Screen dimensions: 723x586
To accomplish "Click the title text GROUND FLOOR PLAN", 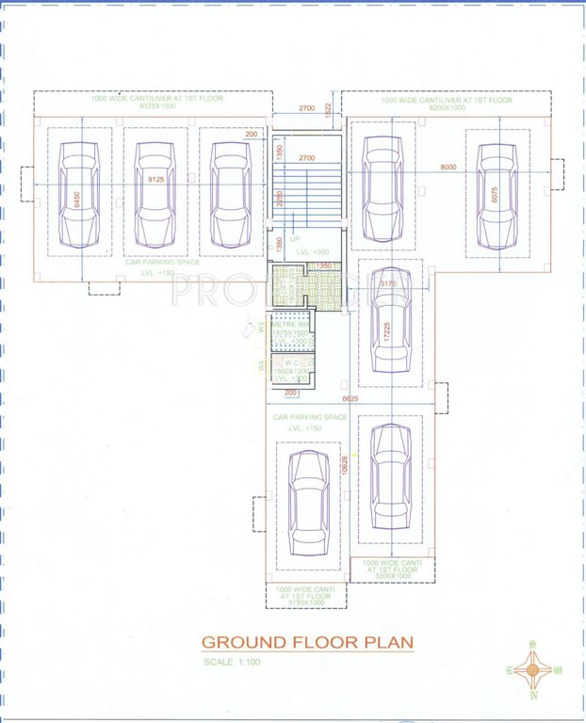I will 307,643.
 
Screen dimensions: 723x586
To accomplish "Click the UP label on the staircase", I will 294,239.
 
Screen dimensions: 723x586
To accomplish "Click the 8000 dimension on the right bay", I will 448,168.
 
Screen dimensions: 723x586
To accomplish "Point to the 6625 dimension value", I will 350,399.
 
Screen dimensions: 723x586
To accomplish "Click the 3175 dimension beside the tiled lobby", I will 386,283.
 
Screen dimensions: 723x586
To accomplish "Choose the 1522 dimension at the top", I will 328,108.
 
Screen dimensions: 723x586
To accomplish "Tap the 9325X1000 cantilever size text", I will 154,108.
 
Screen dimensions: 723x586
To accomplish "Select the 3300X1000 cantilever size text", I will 391,573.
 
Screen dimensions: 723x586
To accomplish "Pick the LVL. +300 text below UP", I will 313,252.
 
